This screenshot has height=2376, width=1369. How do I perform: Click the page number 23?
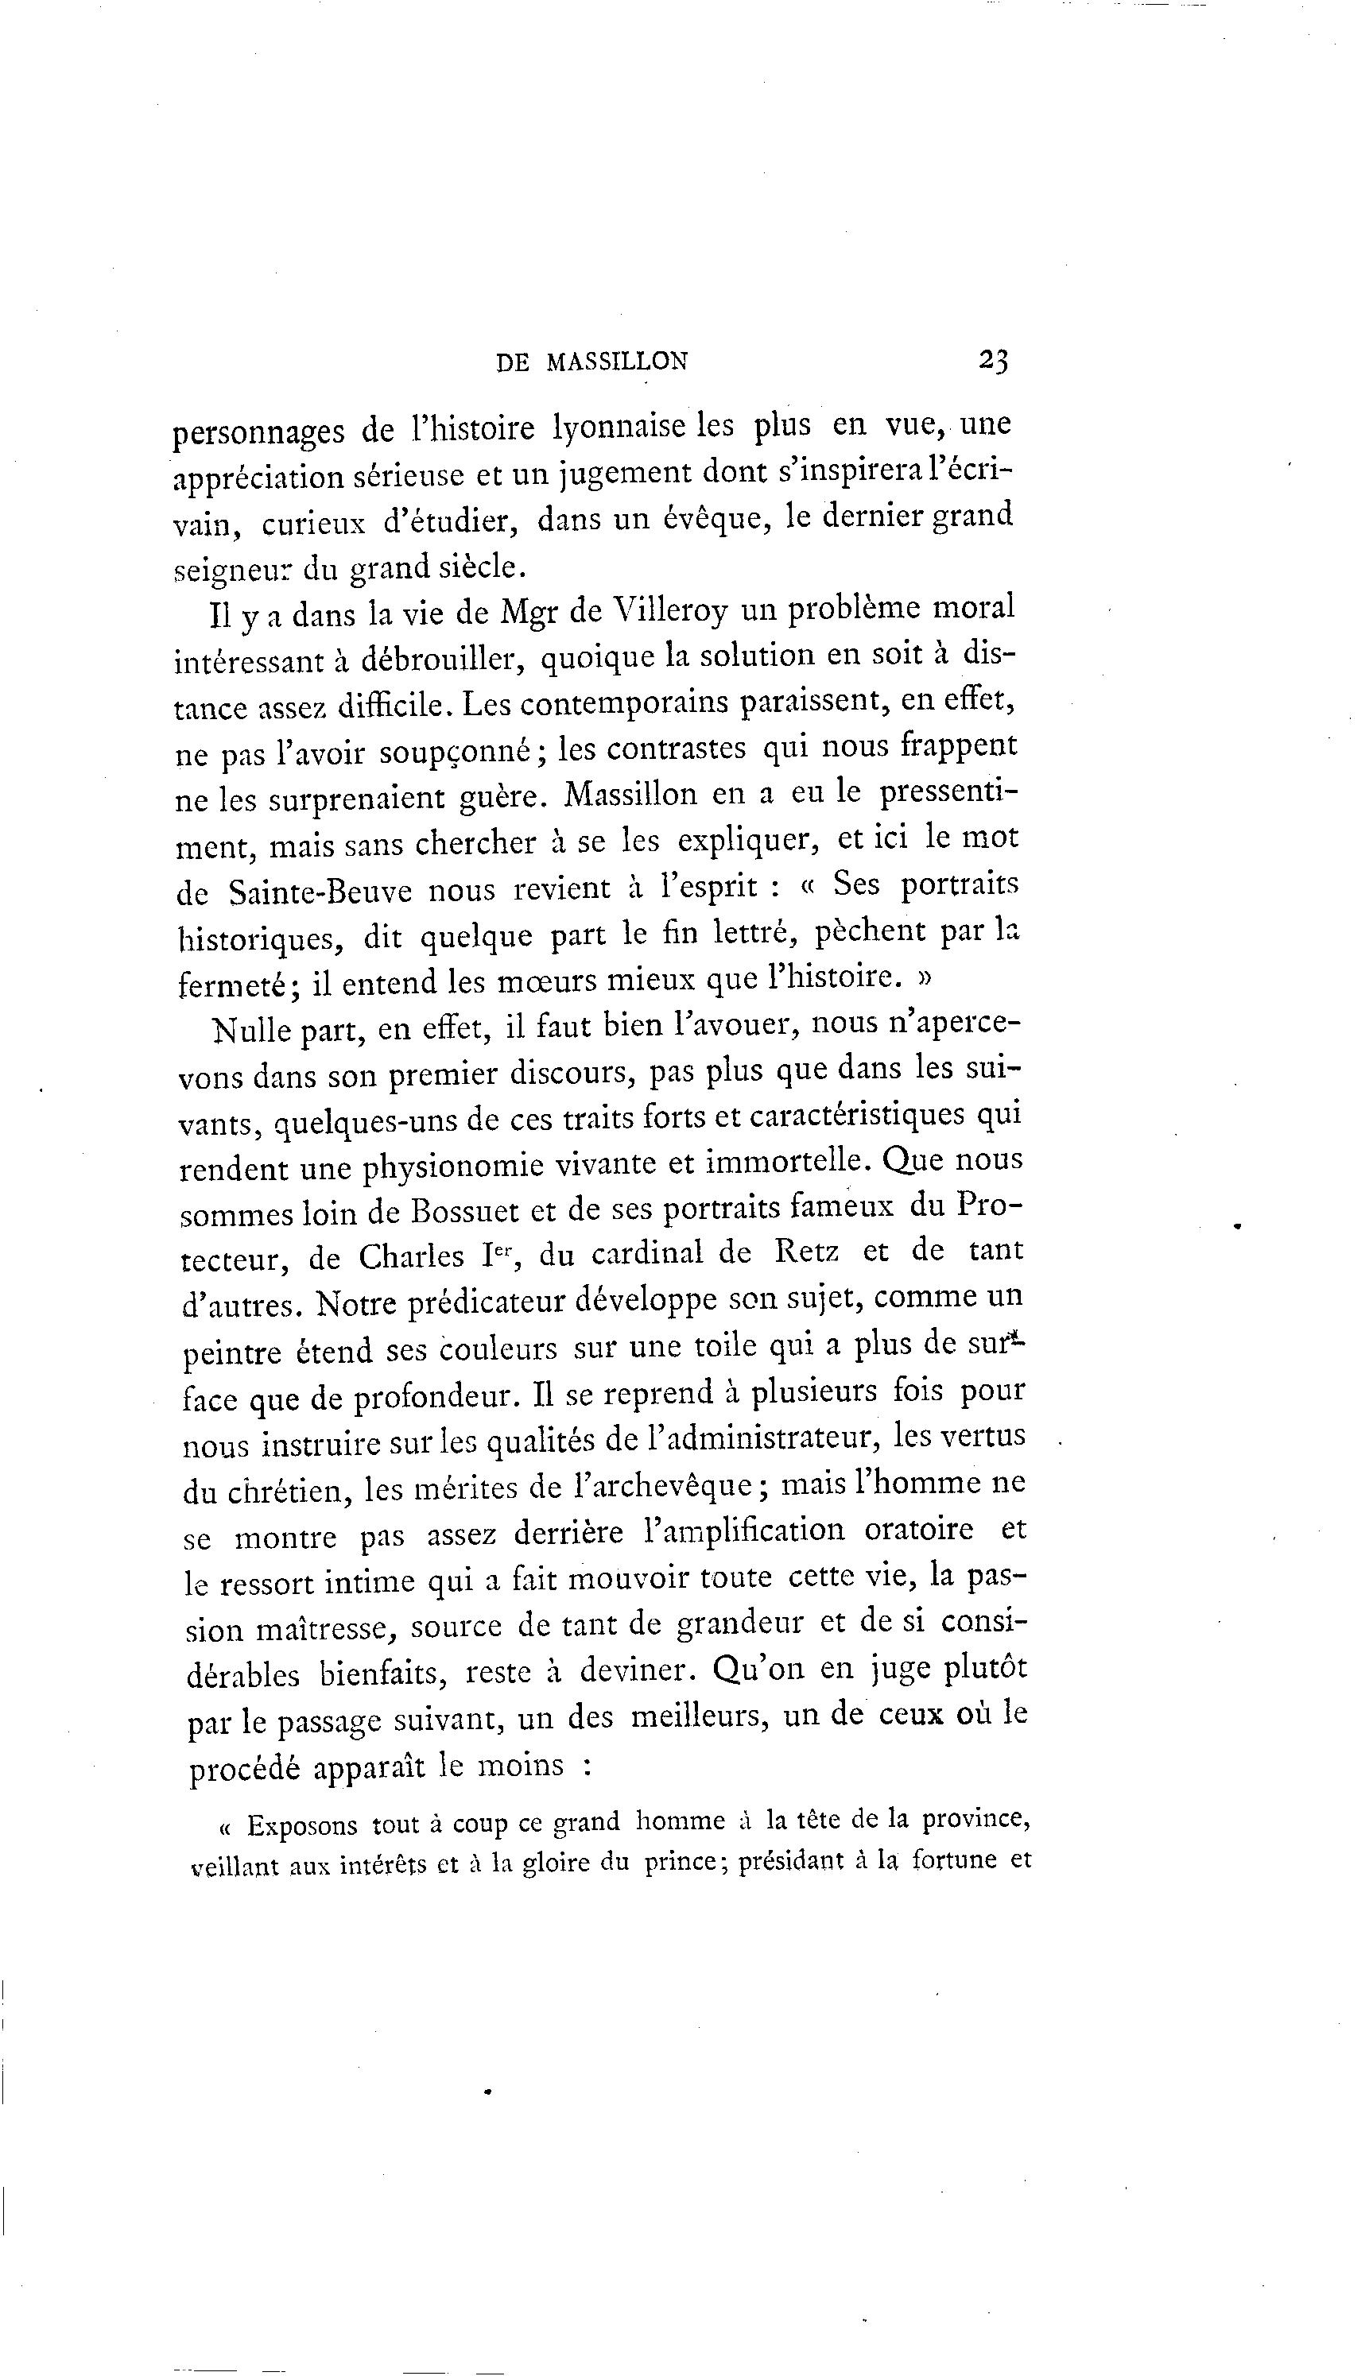click(x=993, y=360)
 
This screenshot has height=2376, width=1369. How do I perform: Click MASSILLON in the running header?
click(x=617, y=362)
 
